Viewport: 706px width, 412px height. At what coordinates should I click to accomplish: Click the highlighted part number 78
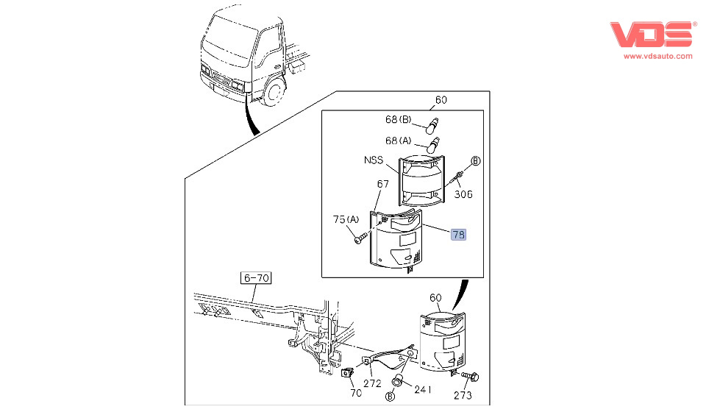pyautogui.click(x=458, y=235)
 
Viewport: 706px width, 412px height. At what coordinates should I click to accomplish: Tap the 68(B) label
pyautogui.click(x=402, y=120)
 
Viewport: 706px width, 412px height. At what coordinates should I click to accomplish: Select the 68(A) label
pyautogui.click(x=402, y=141)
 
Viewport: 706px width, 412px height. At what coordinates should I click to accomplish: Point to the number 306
pyautogui.click(x=463, y=195)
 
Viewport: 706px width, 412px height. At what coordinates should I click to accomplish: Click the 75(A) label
pyautogui.click(x=346, y=219)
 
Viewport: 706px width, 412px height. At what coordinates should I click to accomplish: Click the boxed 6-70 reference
pyautogui.click(x=257, y=278)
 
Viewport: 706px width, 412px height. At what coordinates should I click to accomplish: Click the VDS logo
pyautogui.click(x=652, y=35)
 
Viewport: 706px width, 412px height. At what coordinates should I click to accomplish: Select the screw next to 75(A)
pyautogui.click(x=360, y=238)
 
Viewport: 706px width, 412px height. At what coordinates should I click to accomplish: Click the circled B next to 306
pyautogui.click(x=475, y=160)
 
